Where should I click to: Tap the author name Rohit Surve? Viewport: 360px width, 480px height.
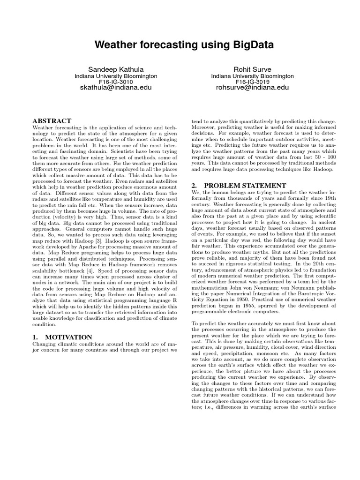click(252, 69)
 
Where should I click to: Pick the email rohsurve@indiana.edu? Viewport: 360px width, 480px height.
click(252, 88)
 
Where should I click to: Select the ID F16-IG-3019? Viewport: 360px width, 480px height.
click(252, 82)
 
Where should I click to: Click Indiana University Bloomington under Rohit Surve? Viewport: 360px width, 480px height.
click(252, 75)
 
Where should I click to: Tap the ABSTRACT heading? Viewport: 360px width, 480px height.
click(52, 121)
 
